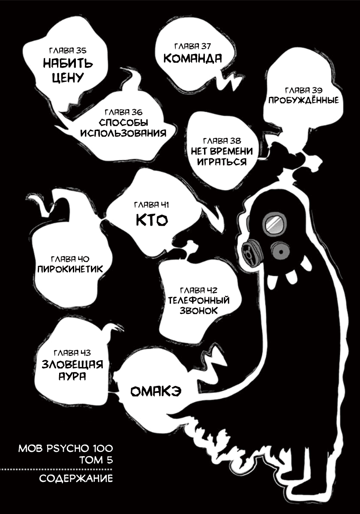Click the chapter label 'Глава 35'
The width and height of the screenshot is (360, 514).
coord(68,51)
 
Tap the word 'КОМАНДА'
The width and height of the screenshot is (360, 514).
coord(192,58)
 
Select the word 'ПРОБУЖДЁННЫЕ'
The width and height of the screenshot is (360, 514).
coord(303,100)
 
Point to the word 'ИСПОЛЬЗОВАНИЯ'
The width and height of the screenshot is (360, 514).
coord(123,133)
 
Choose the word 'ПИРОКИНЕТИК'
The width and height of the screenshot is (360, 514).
coord(70,269)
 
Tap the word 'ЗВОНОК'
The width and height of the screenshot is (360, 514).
coord(198,311)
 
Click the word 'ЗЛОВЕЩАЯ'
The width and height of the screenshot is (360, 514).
coord(72,365)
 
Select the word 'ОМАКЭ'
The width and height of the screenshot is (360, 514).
coord(156,391)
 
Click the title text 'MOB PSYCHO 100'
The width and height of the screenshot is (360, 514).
coord(66,448)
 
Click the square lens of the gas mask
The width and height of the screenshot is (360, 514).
coord(275,224)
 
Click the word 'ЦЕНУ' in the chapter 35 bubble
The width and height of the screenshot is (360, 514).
coord(68,78)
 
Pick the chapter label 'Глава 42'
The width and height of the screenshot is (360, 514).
coord(198,290)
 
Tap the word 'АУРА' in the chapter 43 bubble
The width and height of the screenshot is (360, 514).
coord(72,376)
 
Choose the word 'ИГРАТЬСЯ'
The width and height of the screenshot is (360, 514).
coord(222,161)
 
